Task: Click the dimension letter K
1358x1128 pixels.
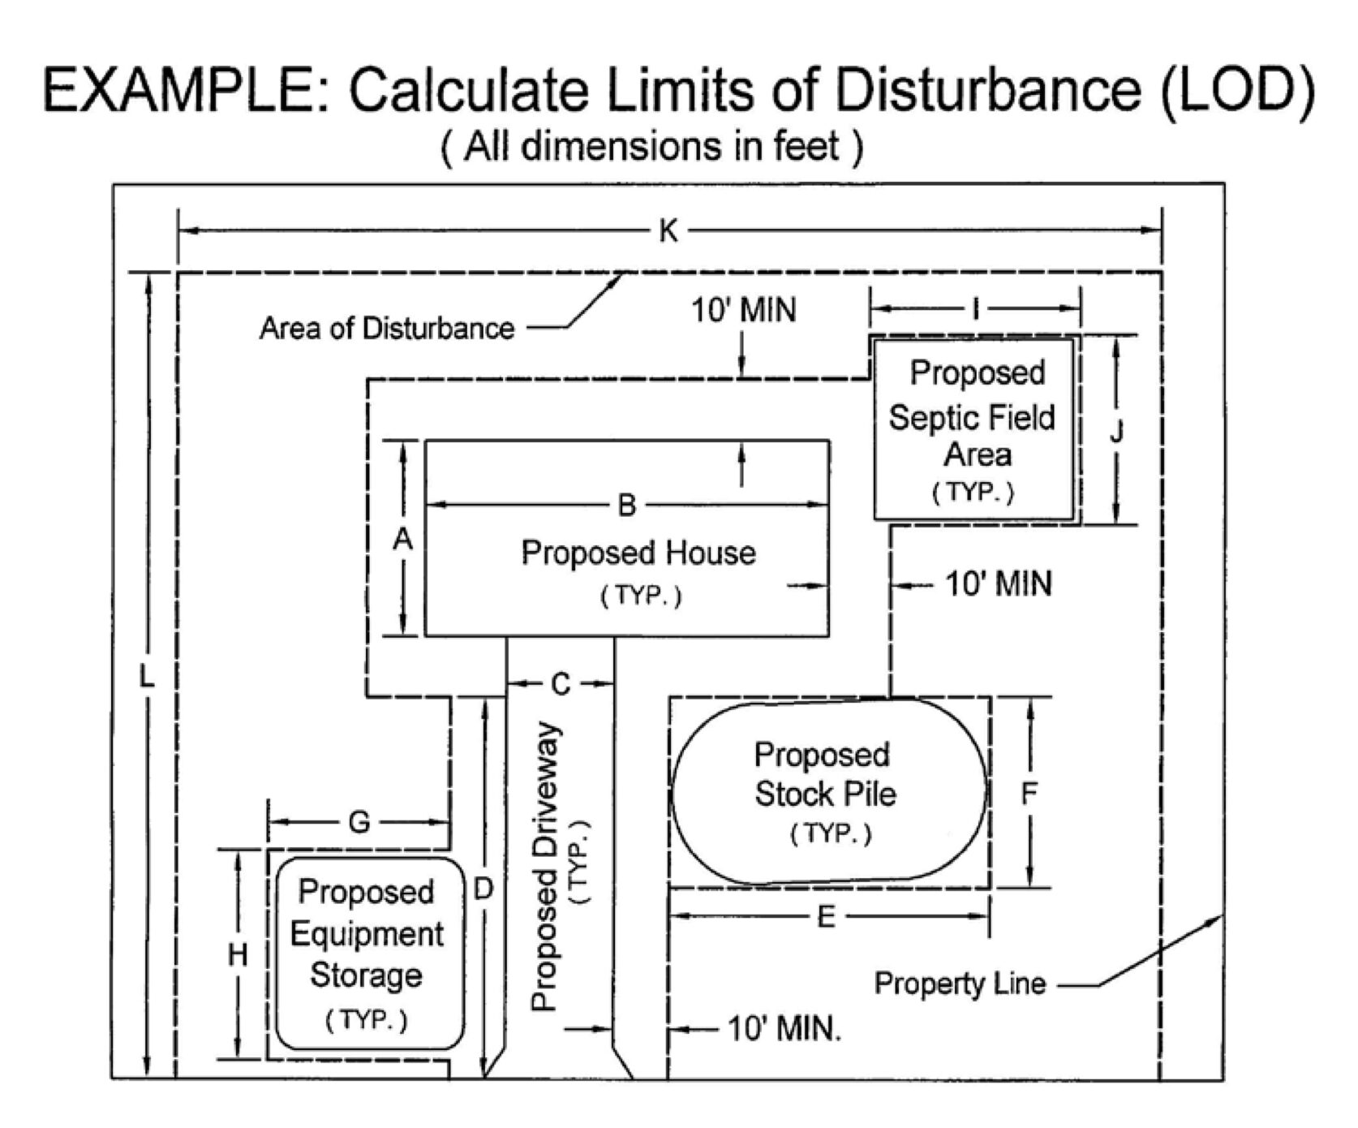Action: [668, 231]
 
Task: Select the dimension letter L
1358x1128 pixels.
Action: [146, 675]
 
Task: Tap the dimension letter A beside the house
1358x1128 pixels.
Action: [402, 539]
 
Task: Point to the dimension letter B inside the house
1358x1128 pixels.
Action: [626, 506]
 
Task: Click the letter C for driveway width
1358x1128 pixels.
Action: [561, 685]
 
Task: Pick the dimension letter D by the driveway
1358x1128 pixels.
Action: [483, 889]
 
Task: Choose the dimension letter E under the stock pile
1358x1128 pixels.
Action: [826, 917]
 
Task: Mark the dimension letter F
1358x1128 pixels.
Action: [1029, 794]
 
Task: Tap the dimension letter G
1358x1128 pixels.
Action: [359, 823]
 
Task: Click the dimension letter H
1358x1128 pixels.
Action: [237, 956]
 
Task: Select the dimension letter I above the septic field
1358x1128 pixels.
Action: [976, 308]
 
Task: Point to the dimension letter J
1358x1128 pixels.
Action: [1116, 432]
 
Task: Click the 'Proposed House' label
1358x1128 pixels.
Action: [638, 553]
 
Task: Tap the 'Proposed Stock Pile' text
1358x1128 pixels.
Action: [824, 775]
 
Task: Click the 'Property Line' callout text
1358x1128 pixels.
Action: [960, 984]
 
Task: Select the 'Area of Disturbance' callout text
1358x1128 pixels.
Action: [387, 329]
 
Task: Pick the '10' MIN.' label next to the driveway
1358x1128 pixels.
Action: [784, 1029]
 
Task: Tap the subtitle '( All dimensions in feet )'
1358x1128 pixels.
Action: [651, 147]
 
